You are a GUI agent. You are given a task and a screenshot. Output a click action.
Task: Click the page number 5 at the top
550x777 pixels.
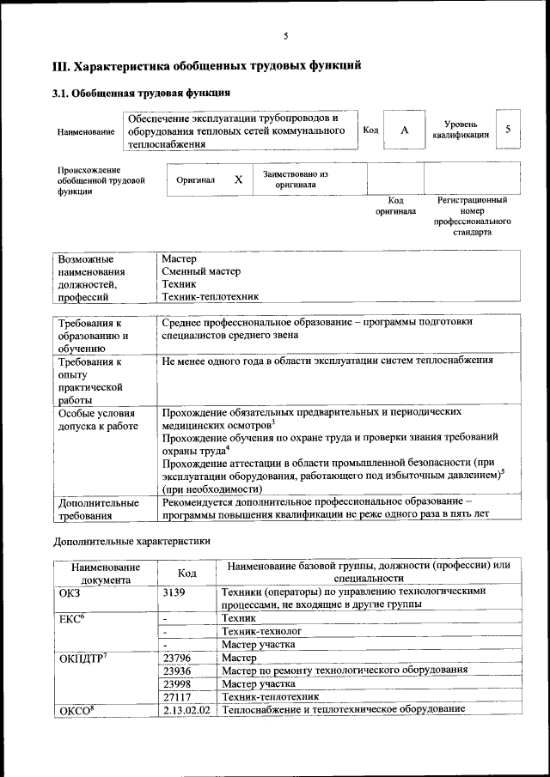click(285, 35)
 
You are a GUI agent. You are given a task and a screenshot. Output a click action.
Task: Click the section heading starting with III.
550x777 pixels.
click(206, 65)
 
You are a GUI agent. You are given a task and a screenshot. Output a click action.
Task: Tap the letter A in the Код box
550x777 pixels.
click(404, 131)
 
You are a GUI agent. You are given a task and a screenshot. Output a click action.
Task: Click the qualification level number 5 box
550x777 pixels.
click(508, 129)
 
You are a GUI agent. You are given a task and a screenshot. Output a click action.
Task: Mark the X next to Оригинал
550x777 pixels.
click(239, 179)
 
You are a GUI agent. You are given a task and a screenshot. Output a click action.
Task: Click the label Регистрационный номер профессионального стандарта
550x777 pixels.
click(472, 215)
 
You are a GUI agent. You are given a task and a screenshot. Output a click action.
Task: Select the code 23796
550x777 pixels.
click(176, 657)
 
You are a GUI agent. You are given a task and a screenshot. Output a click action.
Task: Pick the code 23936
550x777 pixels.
click(176, 670)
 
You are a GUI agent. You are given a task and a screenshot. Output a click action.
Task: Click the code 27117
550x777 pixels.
click(176, 696)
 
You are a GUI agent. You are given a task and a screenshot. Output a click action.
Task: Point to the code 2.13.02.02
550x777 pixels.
click(186, 709)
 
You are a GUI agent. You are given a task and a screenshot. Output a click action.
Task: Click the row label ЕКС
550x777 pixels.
click(72, 618)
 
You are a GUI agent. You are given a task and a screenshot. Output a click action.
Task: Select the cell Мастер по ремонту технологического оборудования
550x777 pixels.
click(344, 670)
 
